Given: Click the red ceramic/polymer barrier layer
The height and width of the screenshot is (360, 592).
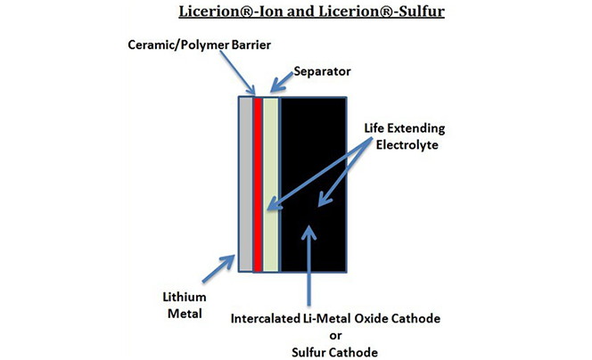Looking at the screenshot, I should coord(258,182).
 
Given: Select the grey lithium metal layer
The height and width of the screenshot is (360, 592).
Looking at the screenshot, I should coord(245,182).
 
